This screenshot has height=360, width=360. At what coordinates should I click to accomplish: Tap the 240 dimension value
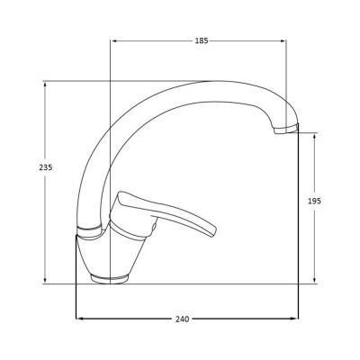[185, 319]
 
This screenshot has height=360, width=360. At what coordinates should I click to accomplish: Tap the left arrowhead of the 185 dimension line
[112, 41]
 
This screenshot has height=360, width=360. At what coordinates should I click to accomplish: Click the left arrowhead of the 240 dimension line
[78, 319]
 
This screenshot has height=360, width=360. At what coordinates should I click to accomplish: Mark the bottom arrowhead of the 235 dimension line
[44, 282]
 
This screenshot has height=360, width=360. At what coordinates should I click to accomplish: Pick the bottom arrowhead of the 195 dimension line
[314, 282]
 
